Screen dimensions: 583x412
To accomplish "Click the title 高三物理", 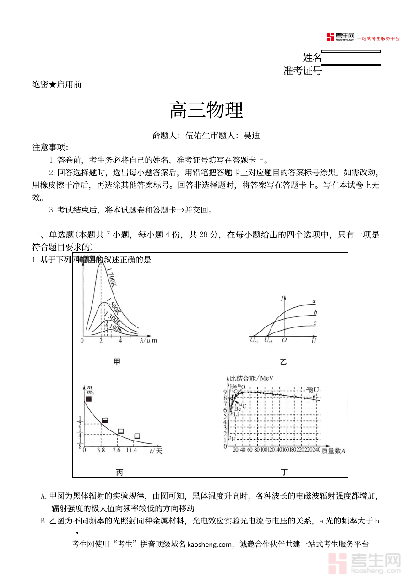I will pos(206,110).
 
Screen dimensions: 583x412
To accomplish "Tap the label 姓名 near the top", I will pos(312,58).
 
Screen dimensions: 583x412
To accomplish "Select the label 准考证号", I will pos(303,71).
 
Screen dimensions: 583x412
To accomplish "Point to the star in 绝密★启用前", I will pos(53,84).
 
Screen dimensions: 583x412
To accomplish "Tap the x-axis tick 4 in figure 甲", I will pos(120,341).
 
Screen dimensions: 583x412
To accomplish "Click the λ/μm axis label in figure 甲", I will pos(148,341).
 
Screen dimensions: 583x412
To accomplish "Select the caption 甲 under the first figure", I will pos(117,362).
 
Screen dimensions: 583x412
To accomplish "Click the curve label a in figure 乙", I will pos(314,301).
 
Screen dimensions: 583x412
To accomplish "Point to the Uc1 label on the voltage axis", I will pos(254,341).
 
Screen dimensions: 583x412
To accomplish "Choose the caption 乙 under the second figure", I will pos(283,362).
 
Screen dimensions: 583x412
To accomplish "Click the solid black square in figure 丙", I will pos(88,399).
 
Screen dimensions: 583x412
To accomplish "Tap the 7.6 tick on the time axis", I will pos(117,450).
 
